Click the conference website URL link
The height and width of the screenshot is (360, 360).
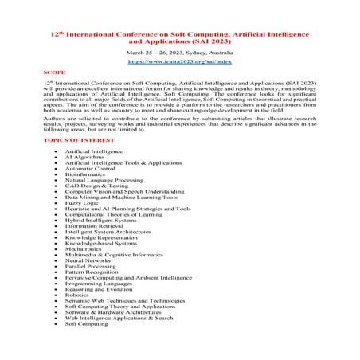pyautogui.click(x=178, y=61)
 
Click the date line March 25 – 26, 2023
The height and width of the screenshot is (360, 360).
pyautogui.click(x=178, y=51)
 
